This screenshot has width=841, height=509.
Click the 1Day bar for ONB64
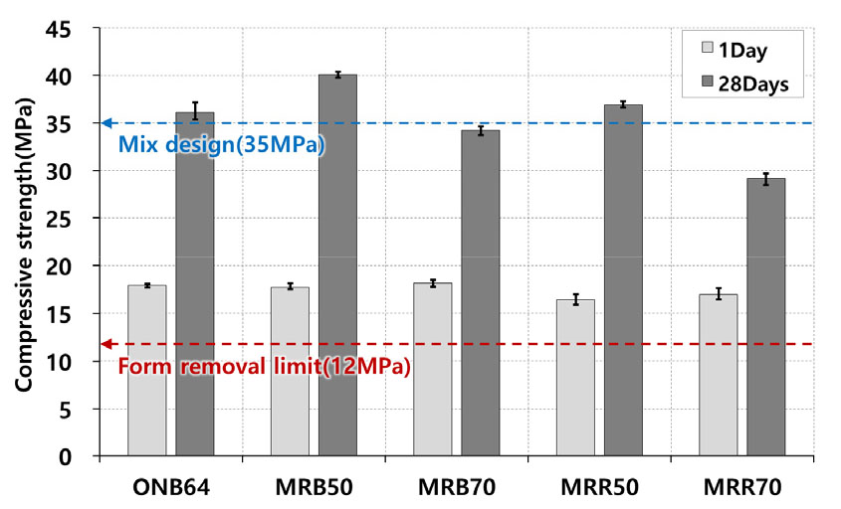coord(147,370)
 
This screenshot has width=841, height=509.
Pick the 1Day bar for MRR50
coord(575,378)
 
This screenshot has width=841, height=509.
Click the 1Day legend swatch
coord(708,47)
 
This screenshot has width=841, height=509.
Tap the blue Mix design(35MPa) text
coord(221,143)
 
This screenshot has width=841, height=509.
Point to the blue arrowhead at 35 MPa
coord(106,123)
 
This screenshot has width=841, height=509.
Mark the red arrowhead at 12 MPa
coord(106,344)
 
